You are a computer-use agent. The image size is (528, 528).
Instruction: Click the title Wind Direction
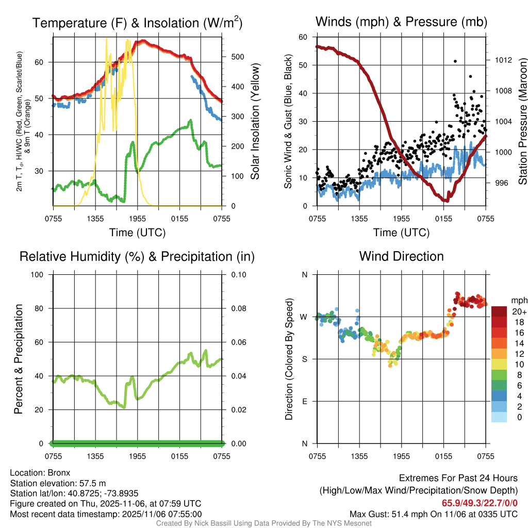[401, 256]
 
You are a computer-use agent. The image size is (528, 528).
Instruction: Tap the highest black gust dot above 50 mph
[455, 61]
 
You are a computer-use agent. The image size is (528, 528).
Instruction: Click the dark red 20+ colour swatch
[500, 311]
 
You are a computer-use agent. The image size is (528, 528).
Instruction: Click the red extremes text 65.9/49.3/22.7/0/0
[480, 503]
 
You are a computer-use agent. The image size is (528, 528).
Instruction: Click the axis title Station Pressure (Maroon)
[522, 121]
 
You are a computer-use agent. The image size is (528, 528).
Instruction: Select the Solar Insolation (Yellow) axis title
[255, 122]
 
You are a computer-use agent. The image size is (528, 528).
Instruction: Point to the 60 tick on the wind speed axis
[303, 37]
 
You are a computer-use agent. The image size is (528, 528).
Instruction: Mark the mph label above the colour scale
[517, 300]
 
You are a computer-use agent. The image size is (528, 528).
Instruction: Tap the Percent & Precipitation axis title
[19, 359]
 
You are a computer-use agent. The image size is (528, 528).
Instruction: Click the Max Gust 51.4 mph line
[433, 514]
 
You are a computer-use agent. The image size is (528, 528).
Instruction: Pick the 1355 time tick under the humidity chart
[95, 456]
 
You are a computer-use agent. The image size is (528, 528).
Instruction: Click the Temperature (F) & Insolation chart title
[137, 23]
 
